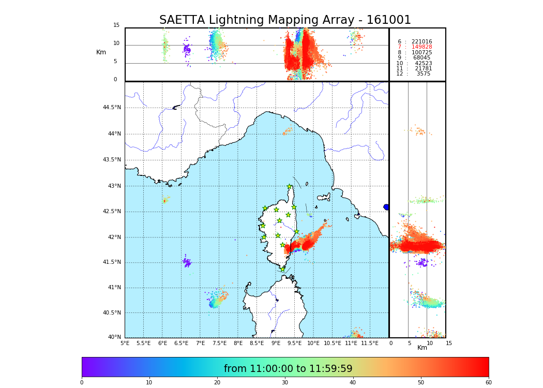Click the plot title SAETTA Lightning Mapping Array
click(x=285, y=20)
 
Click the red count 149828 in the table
click(x=421, y=47)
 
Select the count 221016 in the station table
click(x=421, y=41)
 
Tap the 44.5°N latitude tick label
click(x=112, y=108)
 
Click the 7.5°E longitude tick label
click(x=219, y=343)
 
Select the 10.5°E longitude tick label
click(x=332, y=343)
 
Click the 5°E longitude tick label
click(x=125, y=343)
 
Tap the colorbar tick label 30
click(x=285, y=383)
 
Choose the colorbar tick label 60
click(x=488, y=383)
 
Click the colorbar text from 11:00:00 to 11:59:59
click(x=288, y=369)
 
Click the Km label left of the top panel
click(x=101, y=52)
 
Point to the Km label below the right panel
click(x=422, y=348)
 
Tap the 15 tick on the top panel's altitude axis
click(x=116, y=25)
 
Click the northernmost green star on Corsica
click(x=290, y=187)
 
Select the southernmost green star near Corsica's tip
click(x=282, y=269)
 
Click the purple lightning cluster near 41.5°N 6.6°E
click(x=187, y=263)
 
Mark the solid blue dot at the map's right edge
click(x=386, y=207)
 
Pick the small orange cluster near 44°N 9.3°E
click(x=287, y=131)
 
